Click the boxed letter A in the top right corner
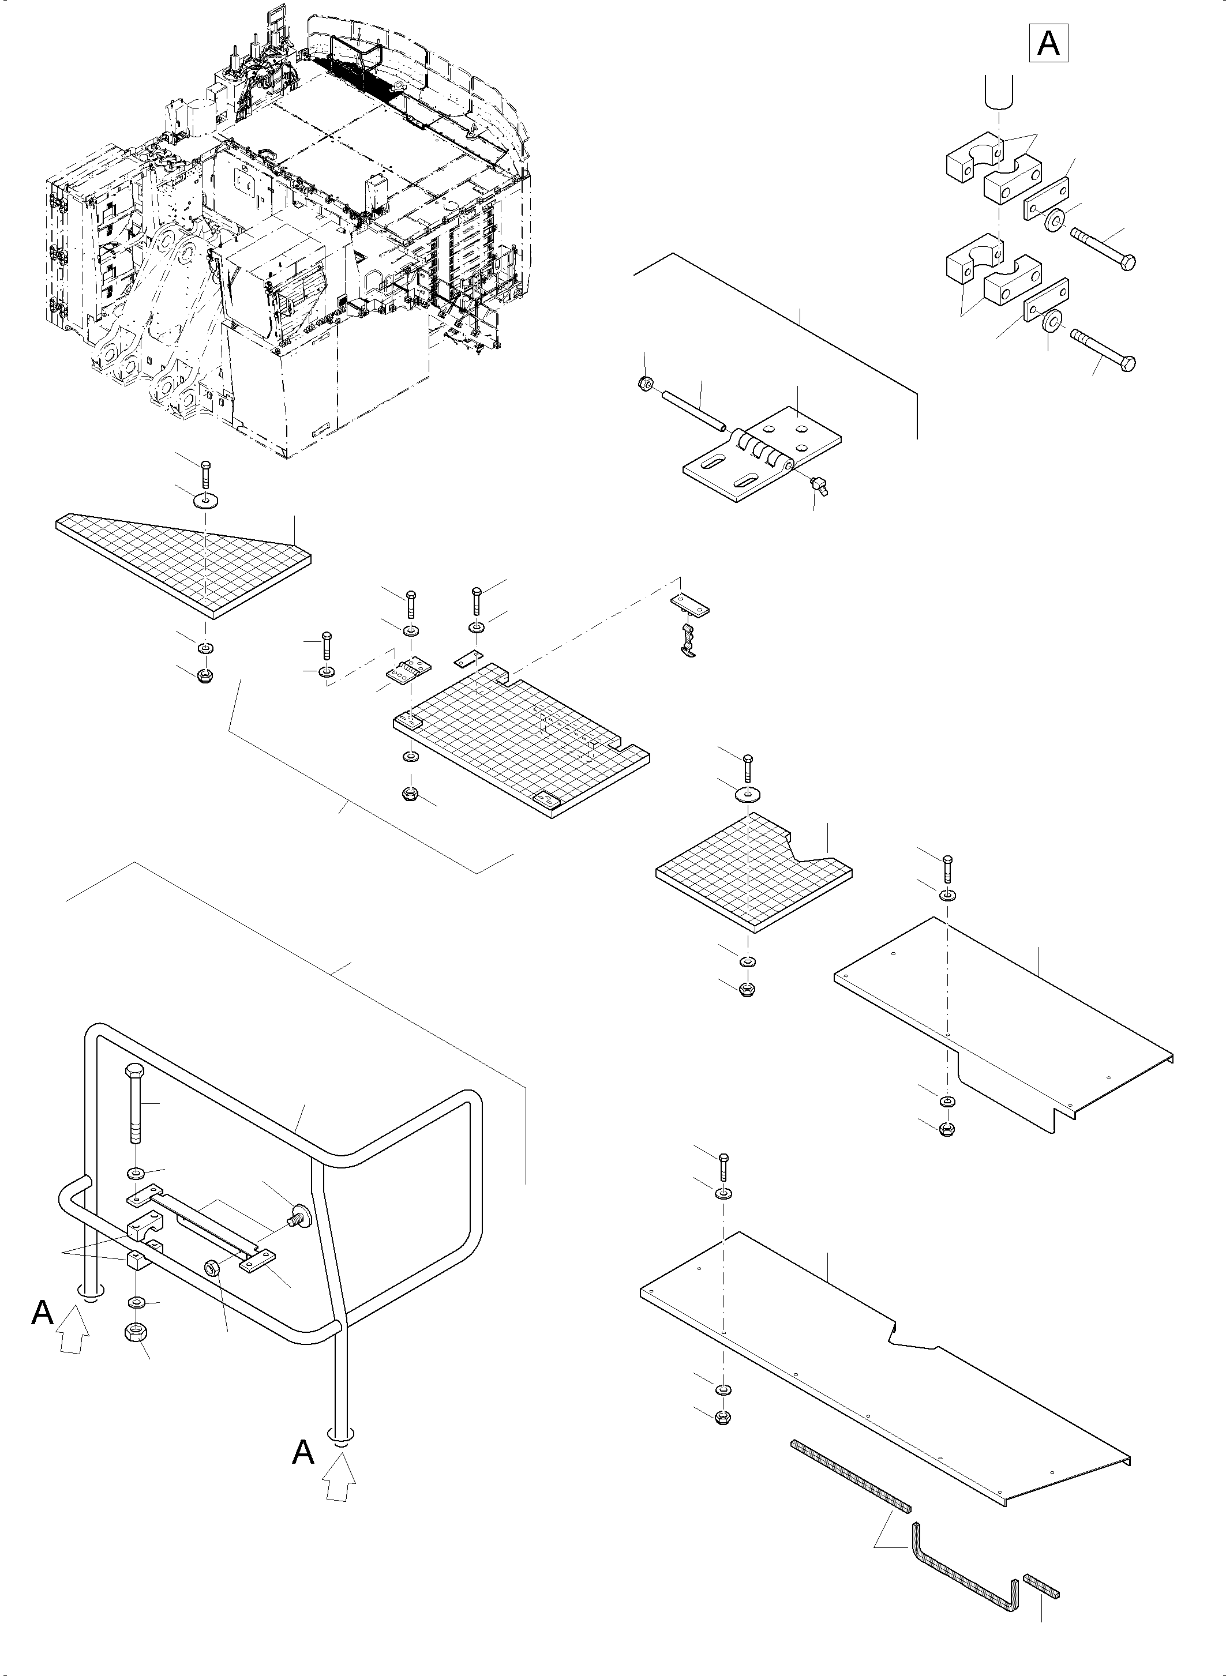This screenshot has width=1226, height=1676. pyautogui.click(x=1048, y=43)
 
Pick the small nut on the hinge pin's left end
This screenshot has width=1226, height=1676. pyautogui.click(x=646, y=384)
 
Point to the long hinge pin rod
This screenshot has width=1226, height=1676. pyautogui.click(x=694, y=410)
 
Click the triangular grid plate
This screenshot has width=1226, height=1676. pyautogui.click(x=186, y=564)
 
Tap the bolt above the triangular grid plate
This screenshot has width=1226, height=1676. pyautogui.click(x=205, y=474)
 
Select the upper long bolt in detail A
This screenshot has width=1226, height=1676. pyautogui.click(x=1104, y=250)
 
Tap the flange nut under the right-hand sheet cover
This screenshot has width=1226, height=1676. pyautogui.click(x=947, y=1130)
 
